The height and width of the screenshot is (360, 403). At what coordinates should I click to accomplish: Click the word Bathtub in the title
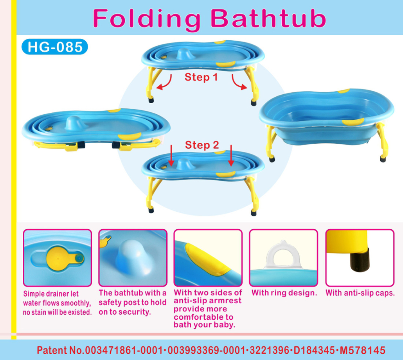coord(268,18)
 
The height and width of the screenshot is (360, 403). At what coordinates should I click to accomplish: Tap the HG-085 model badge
coord(55,47)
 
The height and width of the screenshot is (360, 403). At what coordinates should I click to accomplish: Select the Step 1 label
coord(201,77)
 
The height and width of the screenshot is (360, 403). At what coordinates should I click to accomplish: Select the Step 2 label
coord(202,145)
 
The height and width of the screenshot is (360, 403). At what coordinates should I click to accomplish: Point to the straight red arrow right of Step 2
coord(231,156)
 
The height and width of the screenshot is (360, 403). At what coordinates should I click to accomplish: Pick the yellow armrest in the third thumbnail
coord(208,259)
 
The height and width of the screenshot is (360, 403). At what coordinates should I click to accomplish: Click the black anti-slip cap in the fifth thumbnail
coord(360,259)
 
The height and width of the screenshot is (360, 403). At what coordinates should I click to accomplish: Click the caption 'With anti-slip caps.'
coord(360,293)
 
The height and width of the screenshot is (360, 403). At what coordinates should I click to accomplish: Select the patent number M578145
coord(363,350)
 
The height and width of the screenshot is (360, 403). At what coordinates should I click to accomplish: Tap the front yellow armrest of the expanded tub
coord(353,122)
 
